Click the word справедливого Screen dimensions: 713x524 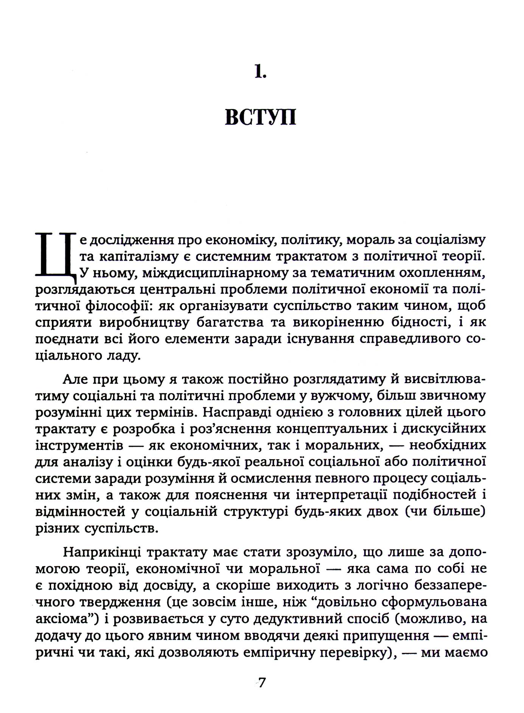(410, 339)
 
